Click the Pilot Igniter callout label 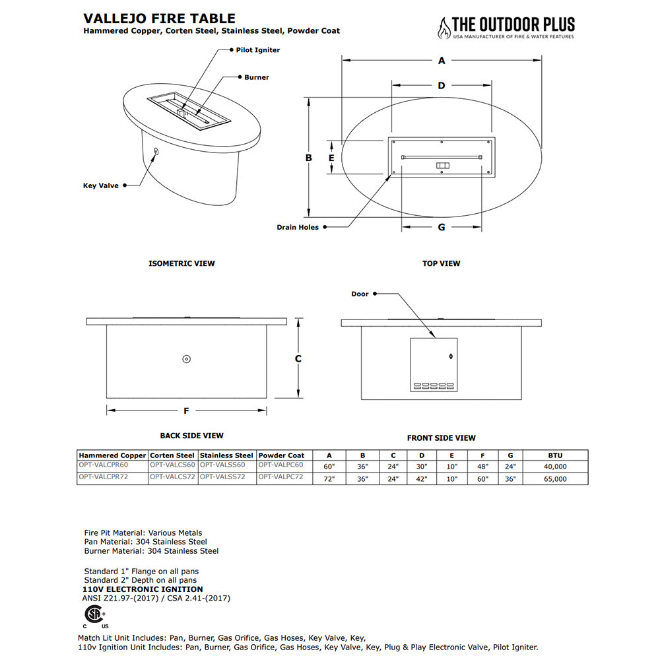coord(258,50)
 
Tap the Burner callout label coord(257,77)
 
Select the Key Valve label coord(100,185)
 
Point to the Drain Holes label coord(298,227)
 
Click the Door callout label coord(360,294)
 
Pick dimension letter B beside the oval coord(308,158)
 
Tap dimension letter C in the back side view coord(298,359)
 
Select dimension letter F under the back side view coord(186,411)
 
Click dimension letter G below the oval coord(442,228)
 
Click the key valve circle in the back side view coord(186,359)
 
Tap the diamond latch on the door coord(451,358)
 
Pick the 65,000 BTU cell coord(555,479)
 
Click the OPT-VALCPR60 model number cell coord(103,465)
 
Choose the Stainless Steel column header coord(226,455)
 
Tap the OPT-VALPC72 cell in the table coord(280,477)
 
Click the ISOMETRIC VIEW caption coord(181,263)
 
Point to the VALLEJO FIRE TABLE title coord(159,19)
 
